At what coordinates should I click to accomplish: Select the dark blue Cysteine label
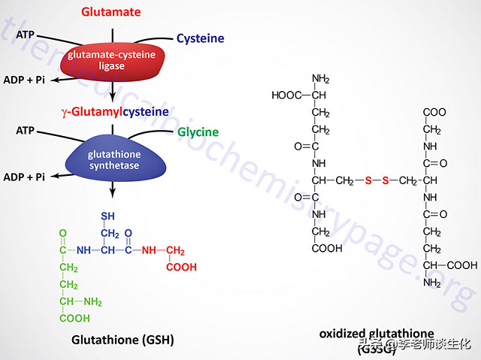coord(200,38)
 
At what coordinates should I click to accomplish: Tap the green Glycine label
coord(198,132)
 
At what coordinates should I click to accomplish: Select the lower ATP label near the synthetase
coord(26,131)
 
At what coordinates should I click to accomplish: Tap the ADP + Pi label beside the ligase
coord(23,79)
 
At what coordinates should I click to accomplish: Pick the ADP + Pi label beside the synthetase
coord(23,177)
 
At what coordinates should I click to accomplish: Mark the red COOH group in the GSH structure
coord(182,266)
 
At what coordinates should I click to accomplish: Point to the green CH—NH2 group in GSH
coord(81,302)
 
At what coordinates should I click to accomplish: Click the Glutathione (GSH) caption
coord(122,340)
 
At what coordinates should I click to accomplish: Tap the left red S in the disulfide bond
coord(368,181)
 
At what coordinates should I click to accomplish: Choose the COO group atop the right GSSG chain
coord(434,112)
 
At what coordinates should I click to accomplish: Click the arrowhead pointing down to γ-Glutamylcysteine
coord(112,98)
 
